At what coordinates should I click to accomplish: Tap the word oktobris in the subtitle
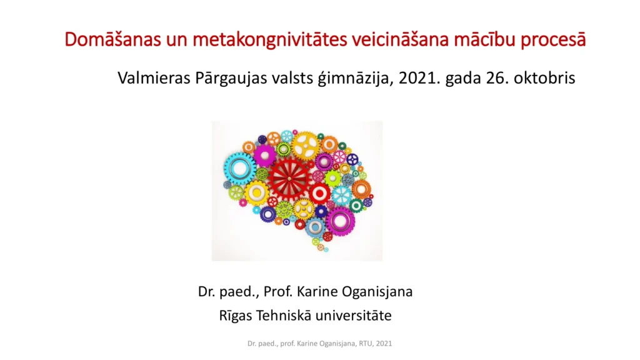pos(544,77)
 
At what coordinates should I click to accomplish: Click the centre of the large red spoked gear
pos(289,178)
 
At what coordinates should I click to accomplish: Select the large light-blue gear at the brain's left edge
pos(239,169)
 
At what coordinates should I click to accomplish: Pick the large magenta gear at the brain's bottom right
pos(340,221)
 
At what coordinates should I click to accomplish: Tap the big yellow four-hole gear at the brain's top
pos(305,146)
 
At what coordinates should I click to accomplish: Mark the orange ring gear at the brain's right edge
pos(361,189)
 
